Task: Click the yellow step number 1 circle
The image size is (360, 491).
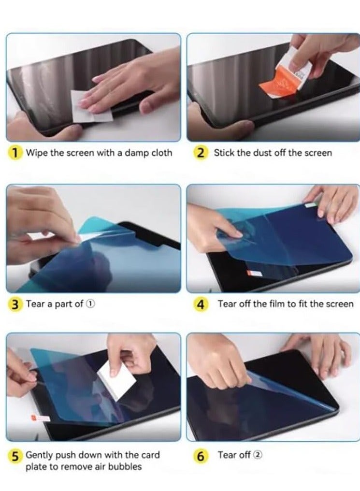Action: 15,153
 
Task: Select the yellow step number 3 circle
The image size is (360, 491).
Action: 15,304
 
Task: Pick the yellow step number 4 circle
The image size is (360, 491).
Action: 201,304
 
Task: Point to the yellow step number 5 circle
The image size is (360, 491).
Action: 15,455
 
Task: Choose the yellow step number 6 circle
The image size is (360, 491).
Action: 201,455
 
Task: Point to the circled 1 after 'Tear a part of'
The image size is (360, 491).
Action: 91,304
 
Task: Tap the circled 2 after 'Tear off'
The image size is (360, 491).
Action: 259,455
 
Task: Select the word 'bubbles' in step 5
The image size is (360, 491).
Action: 126,467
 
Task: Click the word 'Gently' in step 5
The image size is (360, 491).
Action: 39,455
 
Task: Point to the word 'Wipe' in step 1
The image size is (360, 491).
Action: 37,153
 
